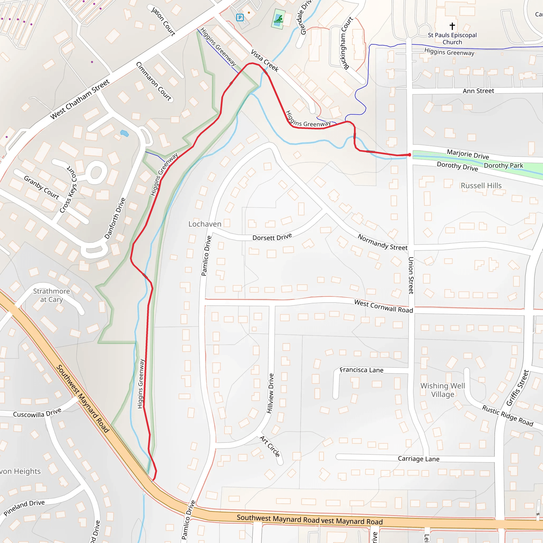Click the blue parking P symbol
239,17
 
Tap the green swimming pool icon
278,19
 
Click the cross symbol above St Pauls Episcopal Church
452,26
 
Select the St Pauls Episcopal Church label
452,38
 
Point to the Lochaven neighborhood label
205,224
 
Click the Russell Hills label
481,186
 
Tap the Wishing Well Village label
443,390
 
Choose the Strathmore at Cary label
51,295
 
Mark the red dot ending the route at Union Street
409,155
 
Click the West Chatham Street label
80,99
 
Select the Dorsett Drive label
272,237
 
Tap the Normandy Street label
382,242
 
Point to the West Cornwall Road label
383,306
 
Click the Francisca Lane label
361,370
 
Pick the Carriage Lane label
418,459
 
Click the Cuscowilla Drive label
37,413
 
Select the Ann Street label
478,91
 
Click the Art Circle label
270,446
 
